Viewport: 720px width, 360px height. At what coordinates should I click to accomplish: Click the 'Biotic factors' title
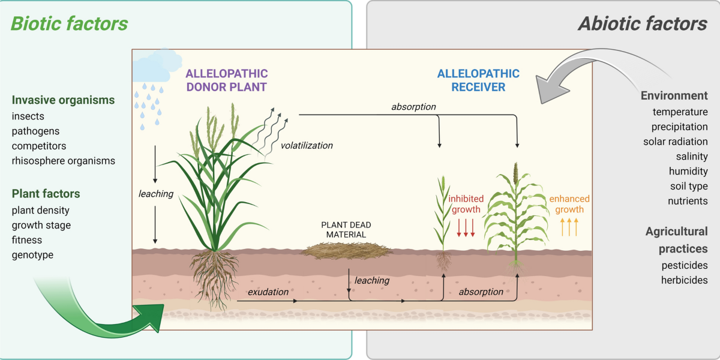point(70,23)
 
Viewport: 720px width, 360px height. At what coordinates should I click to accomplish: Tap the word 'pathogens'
point(35,131)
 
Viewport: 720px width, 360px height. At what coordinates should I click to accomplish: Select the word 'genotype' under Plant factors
point(32,255)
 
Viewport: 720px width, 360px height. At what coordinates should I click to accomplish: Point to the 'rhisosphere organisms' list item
point(63,161)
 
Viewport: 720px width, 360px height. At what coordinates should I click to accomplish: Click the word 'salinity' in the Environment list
point(692,157)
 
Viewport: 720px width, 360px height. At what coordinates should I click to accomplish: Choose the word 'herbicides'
point(684,280)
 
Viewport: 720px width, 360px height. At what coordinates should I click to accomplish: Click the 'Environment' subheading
point(674,95)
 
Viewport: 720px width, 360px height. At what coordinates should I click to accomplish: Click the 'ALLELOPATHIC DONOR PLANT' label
point(226,80)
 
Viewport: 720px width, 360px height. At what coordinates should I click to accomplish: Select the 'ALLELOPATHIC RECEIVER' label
point(478,80)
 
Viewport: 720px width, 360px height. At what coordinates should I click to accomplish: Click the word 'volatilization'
point(307,145)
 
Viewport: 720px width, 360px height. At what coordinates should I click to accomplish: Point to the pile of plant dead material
point(341,250)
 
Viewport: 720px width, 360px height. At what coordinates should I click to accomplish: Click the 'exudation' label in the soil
point(268,292)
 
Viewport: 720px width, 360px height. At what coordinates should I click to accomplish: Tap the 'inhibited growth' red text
point(466,204)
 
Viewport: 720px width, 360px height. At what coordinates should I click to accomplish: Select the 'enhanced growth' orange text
point(569,204)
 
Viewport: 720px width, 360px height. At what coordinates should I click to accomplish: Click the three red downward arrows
point(466,228)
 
